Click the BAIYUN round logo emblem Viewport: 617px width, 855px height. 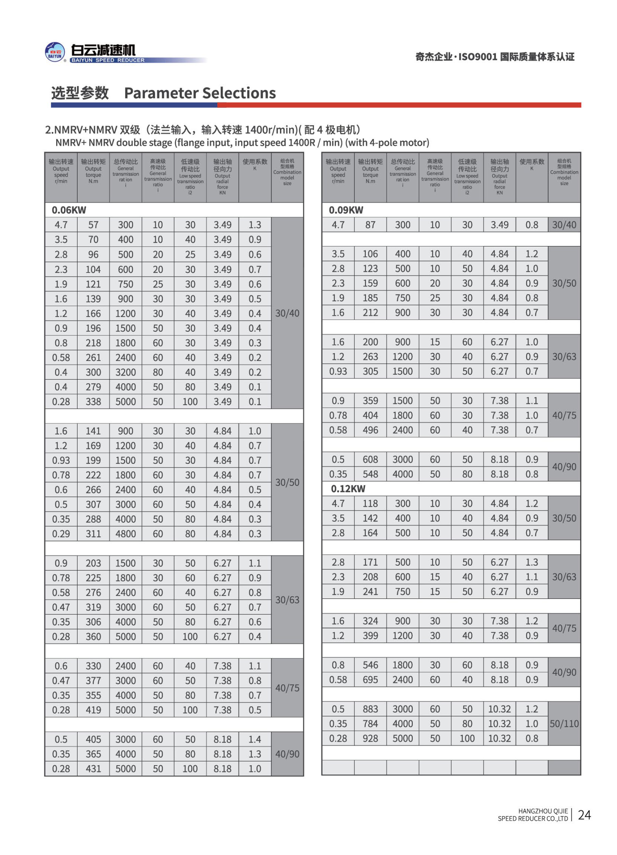[x=55, y=52]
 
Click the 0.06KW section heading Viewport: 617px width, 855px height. [x=69, y=210]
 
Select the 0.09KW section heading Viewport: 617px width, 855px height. [x=346, y=210]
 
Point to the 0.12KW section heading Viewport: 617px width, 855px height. [x=348, y=489]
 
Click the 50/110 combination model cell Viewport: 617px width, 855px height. [x=564, y=724]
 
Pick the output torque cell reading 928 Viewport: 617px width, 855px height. [x=370, y=738]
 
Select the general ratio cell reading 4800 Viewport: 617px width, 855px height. [x=125, y=534]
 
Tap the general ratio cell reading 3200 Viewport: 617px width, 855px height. [x=125, y=372]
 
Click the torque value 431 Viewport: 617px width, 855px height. [x=93, y=769]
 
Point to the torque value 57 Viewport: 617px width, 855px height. [x=93, y=225]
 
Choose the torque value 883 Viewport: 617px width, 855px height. [x=370, y=709]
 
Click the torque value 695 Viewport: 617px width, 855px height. [x=370, y=680]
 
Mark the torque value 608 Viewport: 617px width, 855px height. [x=370, y=459]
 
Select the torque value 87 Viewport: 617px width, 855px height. [x=370, y=225]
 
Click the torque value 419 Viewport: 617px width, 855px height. [x=93, y=710]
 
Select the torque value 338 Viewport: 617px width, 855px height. [x=93, y=402]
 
